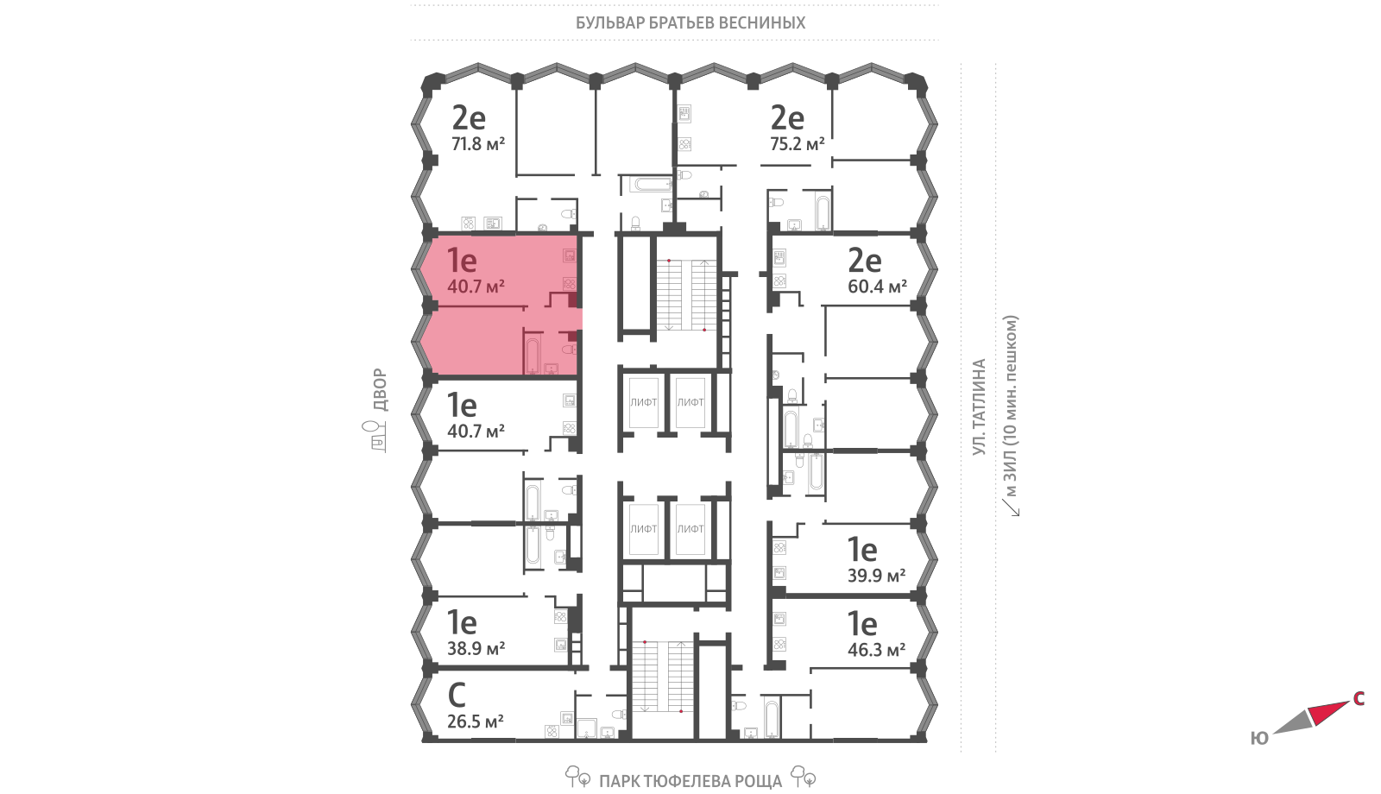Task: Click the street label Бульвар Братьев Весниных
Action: tap(690, 22)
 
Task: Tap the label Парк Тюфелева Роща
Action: tap(690, 781)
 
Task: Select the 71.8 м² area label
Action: tap(478, 144)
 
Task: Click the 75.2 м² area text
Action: tap(798, 144)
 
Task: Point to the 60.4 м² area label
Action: tap(877, 287)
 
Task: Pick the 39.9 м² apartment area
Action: tap(877, 576)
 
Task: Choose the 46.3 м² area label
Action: tap(877, 650)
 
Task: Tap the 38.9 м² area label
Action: tap(476, 648)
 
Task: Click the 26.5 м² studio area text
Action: tap(476, 722)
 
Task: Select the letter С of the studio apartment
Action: tap(457, 695)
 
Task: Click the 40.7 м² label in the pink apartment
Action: tap(476, 287)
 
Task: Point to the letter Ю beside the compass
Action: tap(1259, 738)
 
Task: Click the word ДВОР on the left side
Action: tap(380, 390)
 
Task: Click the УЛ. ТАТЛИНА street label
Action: tap(979, 406)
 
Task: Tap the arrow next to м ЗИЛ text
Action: tap(1011, 507)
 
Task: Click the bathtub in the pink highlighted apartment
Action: tap(532, 355)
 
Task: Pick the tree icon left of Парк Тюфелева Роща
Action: tap(577, 776)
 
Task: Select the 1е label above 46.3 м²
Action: tap(862, 623)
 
